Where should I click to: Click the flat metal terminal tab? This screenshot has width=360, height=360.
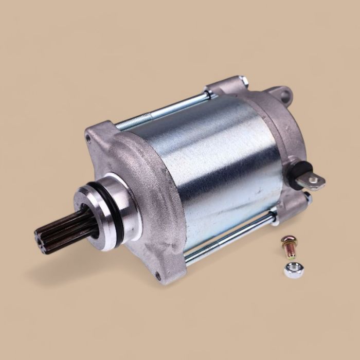click(x=315, y=181)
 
